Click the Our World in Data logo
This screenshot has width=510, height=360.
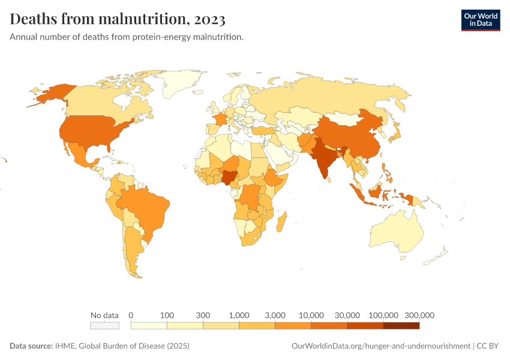480,20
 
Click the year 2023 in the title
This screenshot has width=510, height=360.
209,19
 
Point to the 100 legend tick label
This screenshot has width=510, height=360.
167,315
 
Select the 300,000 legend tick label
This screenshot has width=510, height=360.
419,315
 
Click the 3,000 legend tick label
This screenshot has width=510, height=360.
275,315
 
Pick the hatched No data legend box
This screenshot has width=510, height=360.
104,326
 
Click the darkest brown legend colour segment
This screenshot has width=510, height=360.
401,326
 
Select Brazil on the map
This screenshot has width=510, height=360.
147,207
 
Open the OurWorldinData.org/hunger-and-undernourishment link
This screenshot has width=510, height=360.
380,346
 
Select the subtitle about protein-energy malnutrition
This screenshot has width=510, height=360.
126,37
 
